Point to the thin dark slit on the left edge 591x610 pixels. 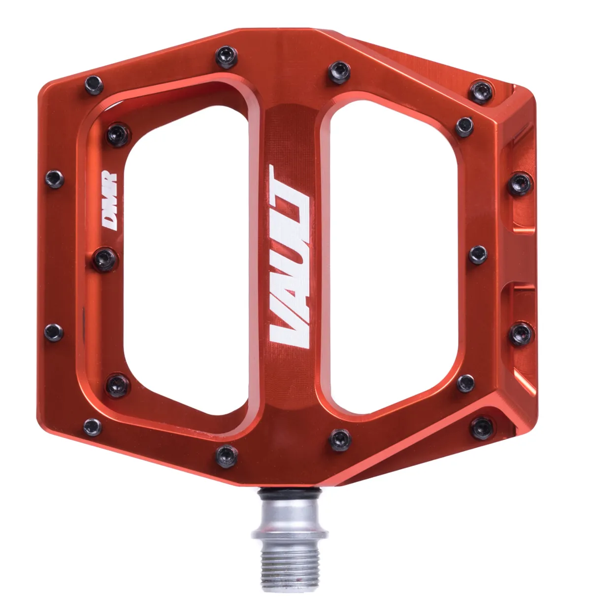point(83,316)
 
